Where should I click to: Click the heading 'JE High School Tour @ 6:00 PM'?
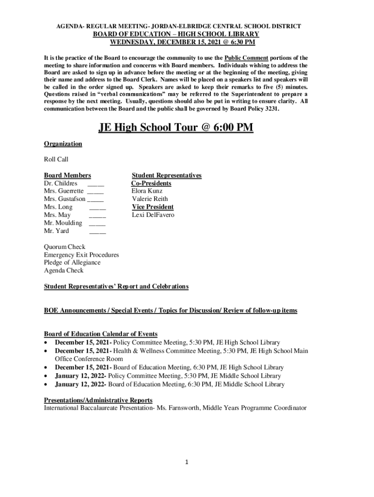[176, 128]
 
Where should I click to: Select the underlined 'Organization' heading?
[63, 144]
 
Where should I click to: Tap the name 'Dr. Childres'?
[60, 183]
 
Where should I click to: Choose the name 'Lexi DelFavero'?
[153, 215]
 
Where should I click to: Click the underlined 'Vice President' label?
[153, 207]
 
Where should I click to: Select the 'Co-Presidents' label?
[151, 183]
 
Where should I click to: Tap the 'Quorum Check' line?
[65, 247]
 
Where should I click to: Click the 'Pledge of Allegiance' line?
[72, 263]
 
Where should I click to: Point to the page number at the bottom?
[187, 462]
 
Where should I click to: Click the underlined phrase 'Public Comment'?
[246, 58]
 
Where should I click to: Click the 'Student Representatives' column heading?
[167, 175]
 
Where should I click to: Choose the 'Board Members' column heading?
[68, 175]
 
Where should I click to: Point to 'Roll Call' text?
[56, 159]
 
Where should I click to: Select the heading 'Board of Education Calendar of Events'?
[101, 334]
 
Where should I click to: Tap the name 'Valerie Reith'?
[150, 199]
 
